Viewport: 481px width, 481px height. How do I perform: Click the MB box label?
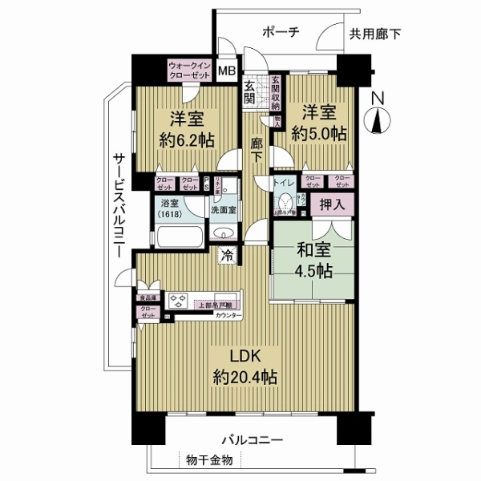[x=228, y=71]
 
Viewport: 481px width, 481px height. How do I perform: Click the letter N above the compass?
[x=378, y=99]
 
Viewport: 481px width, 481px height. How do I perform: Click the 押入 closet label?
[x=331, y=206]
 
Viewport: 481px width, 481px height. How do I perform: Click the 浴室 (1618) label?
[x=168, y=209]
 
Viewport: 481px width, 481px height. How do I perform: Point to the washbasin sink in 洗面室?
[x=224, y=233]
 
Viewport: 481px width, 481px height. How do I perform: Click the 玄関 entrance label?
[x=250, y=93]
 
